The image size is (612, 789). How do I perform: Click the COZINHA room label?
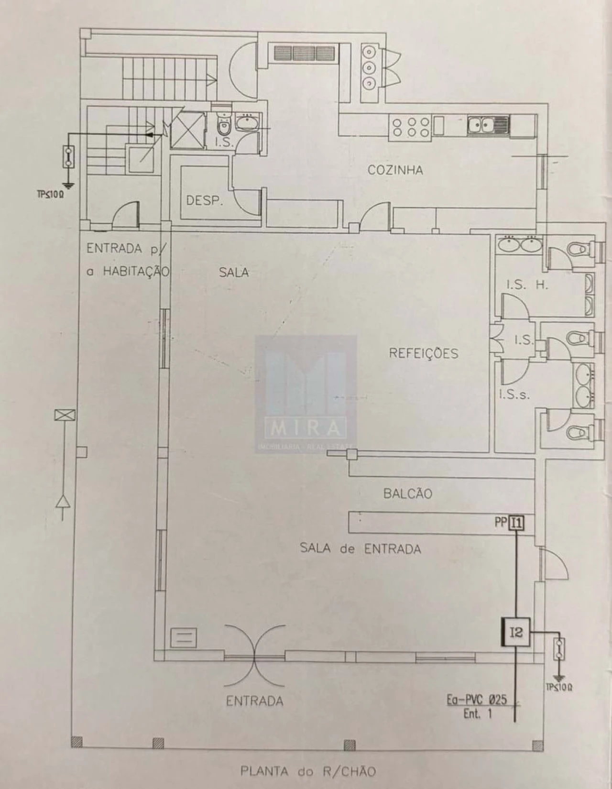(x=395, y=170)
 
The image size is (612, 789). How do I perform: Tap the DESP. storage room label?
(x=205, y=200)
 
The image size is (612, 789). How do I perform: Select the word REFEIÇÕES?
(x=423, y=353)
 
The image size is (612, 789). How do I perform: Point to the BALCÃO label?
(x=407, y=493)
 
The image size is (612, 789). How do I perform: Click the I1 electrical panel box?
(x=516, y=523)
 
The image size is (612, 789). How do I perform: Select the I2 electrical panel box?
(x=516, y=633)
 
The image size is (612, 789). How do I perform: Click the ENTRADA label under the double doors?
(x=254, y=701)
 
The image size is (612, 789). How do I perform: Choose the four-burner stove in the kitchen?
(x=410, y=127)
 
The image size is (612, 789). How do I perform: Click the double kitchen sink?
(x=487, y=125)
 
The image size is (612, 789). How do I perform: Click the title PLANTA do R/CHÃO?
(x=308, y=771)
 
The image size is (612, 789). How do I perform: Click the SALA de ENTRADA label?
(x=361, y=548)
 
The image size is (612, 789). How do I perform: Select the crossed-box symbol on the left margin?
(x=65, y=416)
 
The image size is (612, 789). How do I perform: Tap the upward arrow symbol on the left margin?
(x=63, y=502)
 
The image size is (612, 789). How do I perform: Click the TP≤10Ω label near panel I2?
(x=559, y=688)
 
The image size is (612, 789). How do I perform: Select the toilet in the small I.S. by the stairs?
(x=223, y=127)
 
